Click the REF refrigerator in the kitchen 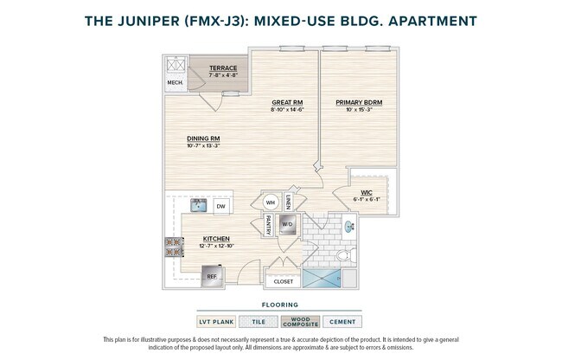coord(211,277)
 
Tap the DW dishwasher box coord(221,206)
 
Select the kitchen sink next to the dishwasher coord(198,205)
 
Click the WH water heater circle coord(270,202)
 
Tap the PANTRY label coord(268,226)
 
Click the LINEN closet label coord(288,202)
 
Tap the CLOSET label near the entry coord(284,281)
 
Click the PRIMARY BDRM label coord(359,102)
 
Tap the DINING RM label coord(203,138)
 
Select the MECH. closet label coord(176,83)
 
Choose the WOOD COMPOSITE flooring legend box coord(301,322)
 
